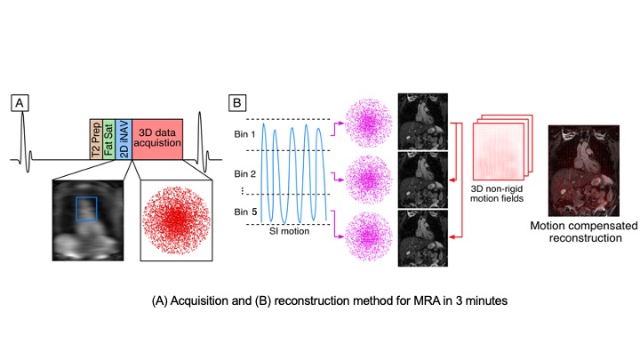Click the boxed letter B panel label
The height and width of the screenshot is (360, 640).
pos(237,103)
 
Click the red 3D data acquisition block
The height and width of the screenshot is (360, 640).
pos(157,140)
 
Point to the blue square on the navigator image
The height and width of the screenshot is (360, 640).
pos(87,209)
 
